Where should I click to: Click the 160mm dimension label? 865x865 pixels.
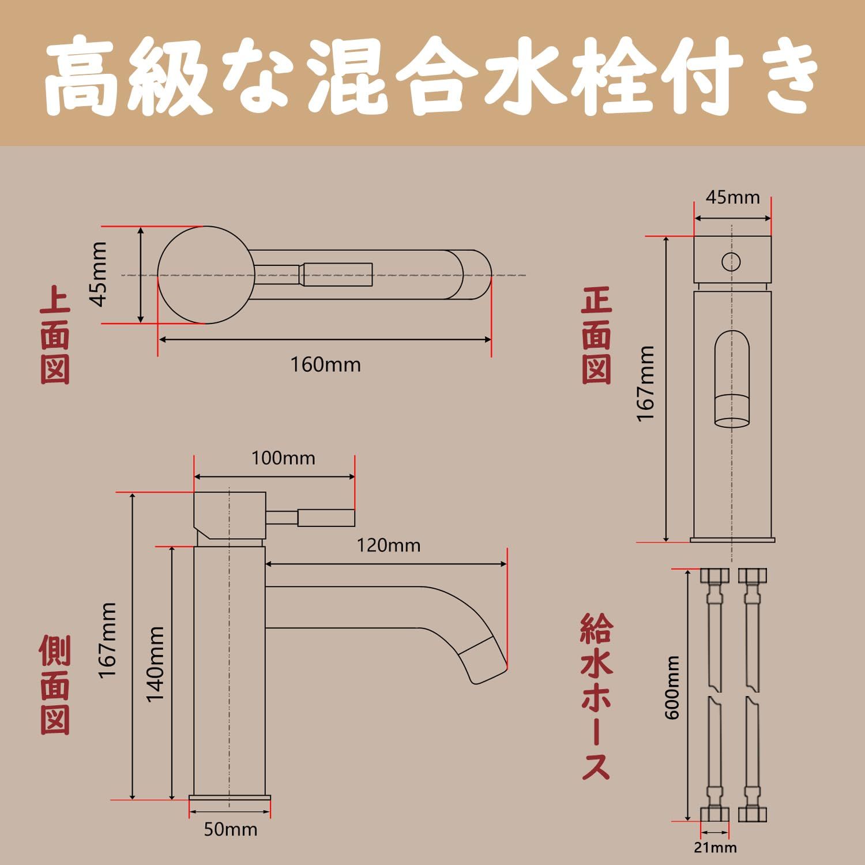[x=325, y=365]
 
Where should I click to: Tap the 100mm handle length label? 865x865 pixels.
[x=283, y=458]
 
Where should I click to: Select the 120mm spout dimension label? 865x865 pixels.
[x=388, y=546]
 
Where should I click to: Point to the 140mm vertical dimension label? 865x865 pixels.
[x=155, y=664]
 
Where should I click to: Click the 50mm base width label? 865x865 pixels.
[x=230, y=830]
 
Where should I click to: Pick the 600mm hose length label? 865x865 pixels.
[x=672, y=687]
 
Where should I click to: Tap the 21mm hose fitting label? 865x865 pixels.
[x=715, y=848]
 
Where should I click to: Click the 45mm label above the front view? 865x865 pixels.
[x=732, y=198]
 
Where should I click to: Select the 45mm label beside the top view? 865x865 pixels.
[x=99, y=274]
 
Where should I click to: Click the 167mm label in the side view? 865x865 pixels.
[x=107, y=640]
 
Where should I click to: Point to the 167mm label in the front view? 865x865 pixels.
[x=646, y=383]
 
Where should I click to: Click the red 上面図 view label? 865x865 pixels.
[x=55, y=337]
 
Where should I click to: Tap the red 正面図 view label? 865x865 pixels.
[x=596, y=337]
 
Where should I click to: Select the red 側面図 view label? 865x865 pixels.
[x=55, y=685]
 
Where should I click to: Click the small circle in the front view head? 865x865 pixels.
[x=731, y=262]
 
